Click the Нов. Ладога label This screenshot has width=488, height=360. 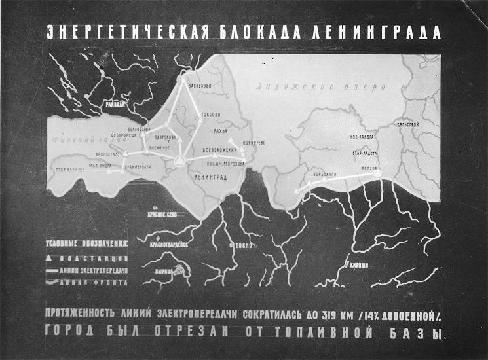[x=364, y=138]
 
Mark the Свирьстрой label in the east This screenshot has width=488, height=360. [x=407, y=124]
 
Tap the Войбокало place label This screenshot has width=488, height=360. [x=325, y=175]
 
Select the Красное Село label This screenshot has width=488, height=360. [x=162, y=214]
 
